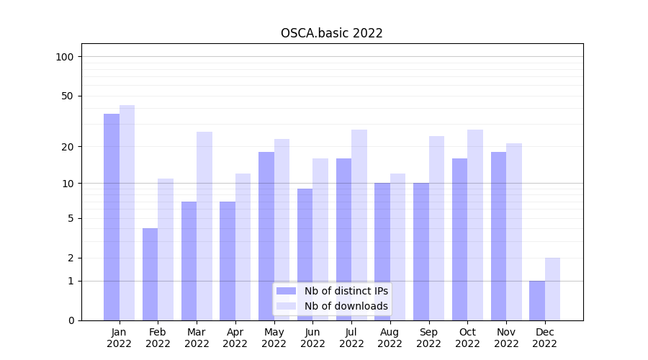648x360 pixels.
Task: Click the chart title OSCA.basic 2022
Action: coord(331,33)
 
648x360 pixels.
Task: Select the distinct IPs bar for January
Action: coord(112,216)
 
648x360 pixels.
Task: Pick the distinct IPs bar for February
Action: coord(150,274)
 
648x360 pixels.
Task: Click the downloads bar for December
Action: coord(552,289)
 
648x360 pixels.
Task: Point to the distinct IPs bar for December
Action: coord(537,300)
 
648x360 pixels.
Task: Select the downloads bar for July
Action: coord(359,225)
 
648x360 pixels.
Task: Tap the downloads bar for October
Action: coord(475,225)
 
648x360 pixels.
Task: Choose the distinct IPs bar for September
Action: coord(421,251)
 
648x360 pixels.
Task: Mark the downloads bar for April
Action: coord(243,246)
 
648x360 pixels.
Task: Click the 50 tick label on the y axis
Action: coord(68,96)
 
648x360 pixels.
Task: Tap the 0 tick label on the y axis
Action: coord(71,320)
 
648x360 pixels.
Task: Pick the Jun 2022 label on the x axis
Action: coord(312,338)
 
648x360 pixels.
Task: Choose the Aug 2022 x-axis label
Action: coord(390,338)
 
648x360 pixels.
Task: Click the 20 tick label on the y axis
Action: coord(68,147)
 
